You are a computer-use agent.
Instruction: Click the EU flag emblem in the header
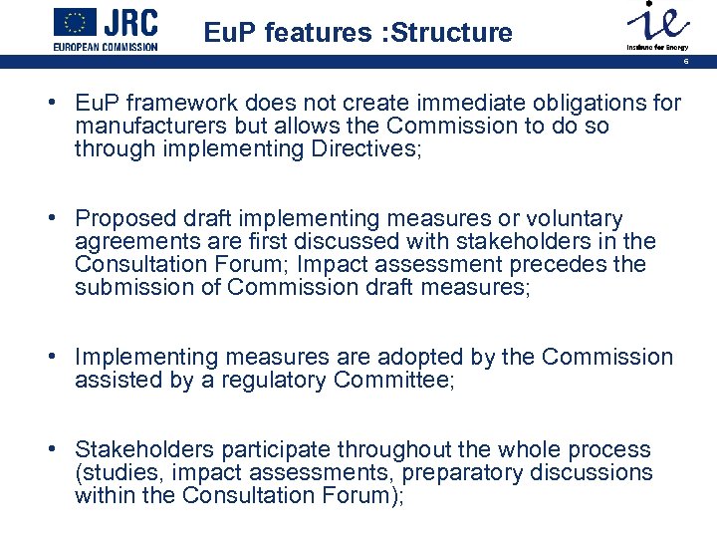tap(76, 22)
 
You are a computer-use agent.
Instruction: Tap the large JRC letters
tap(132, 22)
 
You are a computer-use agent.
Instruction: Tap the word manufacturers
tap(151, 127)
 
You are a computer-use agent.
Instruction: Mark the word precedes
tap(567, 265)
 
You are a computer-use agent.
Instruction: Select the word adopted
tap(400, 357)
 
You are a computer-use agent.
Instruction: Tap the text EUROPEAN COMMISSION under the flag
tap(105, 47)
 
